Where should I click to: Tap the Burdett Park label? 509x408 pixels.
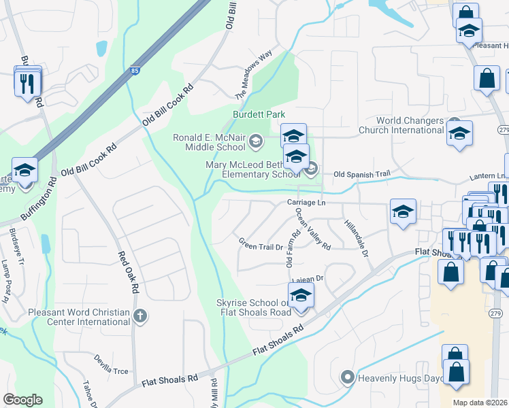(x=259, y=115)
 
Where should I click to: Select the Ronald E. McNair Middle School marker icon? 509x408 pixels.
(x=256, y=141)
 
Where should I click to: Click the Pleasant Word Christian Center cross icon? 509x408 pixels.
(x=139, y=316)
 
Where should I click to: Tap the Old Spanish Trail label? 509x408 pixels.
(x=361, y=175)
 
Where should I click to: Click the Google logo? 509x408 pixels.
(x=22, y=400)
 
